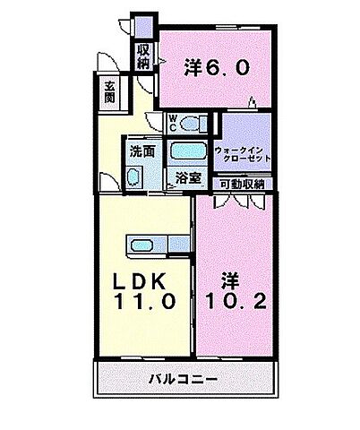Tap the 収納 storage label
click(x=143, y=57)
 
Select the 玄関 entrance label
click(x=108, y=90)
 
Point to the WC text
click(x=175, y=121)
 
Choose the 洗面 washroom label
click(x=141, y=150)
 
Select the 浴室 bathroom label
click(x=187, y=178)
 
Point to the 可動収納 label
click(x=242, y=184)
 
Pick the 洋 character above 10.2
click(x=218, y=279)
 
